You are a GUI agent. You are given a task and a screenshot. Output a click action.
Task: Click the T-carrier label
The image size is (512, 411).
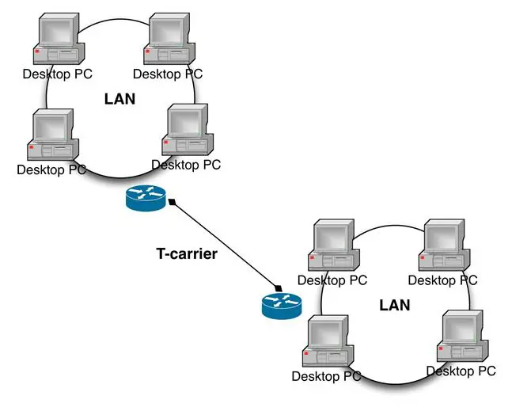[x=186, y=254]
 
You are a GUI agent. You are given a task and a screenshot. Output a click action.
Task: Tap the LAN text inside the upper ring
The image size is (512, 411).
[x=120, y=99]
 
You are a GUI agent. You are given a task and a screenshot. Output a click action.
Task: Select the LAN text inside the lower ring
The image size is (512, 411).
[x=395, y=305]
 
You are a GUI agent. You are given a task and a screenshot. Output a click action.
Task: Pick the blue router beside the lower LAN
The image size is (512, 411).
[x=282, y=304]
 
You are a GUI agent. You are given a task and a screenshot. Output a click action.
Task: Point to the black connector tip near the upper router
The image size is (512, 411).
[x=172, y=202]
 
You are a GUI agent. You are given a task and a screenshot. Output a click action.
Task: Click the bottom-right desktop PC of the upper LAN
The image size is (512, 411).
[x=188, y=131]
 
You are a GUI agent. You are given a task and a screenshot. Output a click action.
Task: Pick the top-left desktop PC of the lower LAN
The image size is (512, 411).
[x=332, y=246]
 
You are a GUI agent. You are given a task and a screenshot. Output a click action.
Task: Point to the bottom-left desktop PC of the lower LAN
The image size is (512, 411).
[x=327, y=341]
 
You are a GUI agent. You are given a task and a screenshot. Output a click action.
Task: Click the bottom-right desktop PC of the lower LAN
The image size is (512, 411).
[x=462, y=337]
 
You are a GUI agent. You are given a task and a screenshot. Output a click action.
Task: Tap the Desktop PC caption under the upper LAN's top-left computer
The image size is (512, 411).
[x=56, y=74]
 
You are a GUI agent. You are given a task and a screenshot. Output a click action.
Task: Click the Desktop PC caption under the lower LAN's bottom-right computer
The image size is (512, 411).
[x=461, y=371]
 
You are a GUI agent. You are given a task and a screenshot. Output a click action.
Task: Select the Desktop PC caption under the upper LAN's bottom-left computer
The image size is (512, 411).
[x=51, y=169]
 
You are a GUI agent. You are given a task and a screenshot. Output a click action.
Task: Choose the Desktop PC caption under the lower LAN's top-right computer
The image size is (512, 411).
[x=442, y=280]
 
